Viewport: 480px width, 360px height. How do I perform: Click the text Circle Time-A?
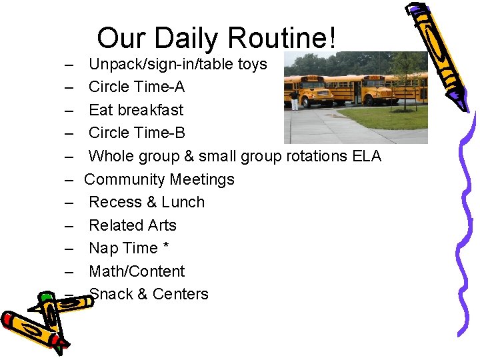click(137, 87)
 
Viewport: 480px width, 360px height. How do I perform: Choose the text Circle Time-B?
click(137, 133)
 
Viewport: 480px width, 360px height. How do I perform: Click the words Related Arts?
click(132, 225)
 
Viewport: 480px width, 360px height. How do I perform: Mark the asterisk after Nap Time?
click(165, 247)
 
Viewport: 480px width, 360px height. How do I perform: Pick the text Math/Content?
click(137, 271)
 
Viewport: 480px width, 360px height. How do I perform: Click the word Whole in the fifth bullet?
click(111, 156)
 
